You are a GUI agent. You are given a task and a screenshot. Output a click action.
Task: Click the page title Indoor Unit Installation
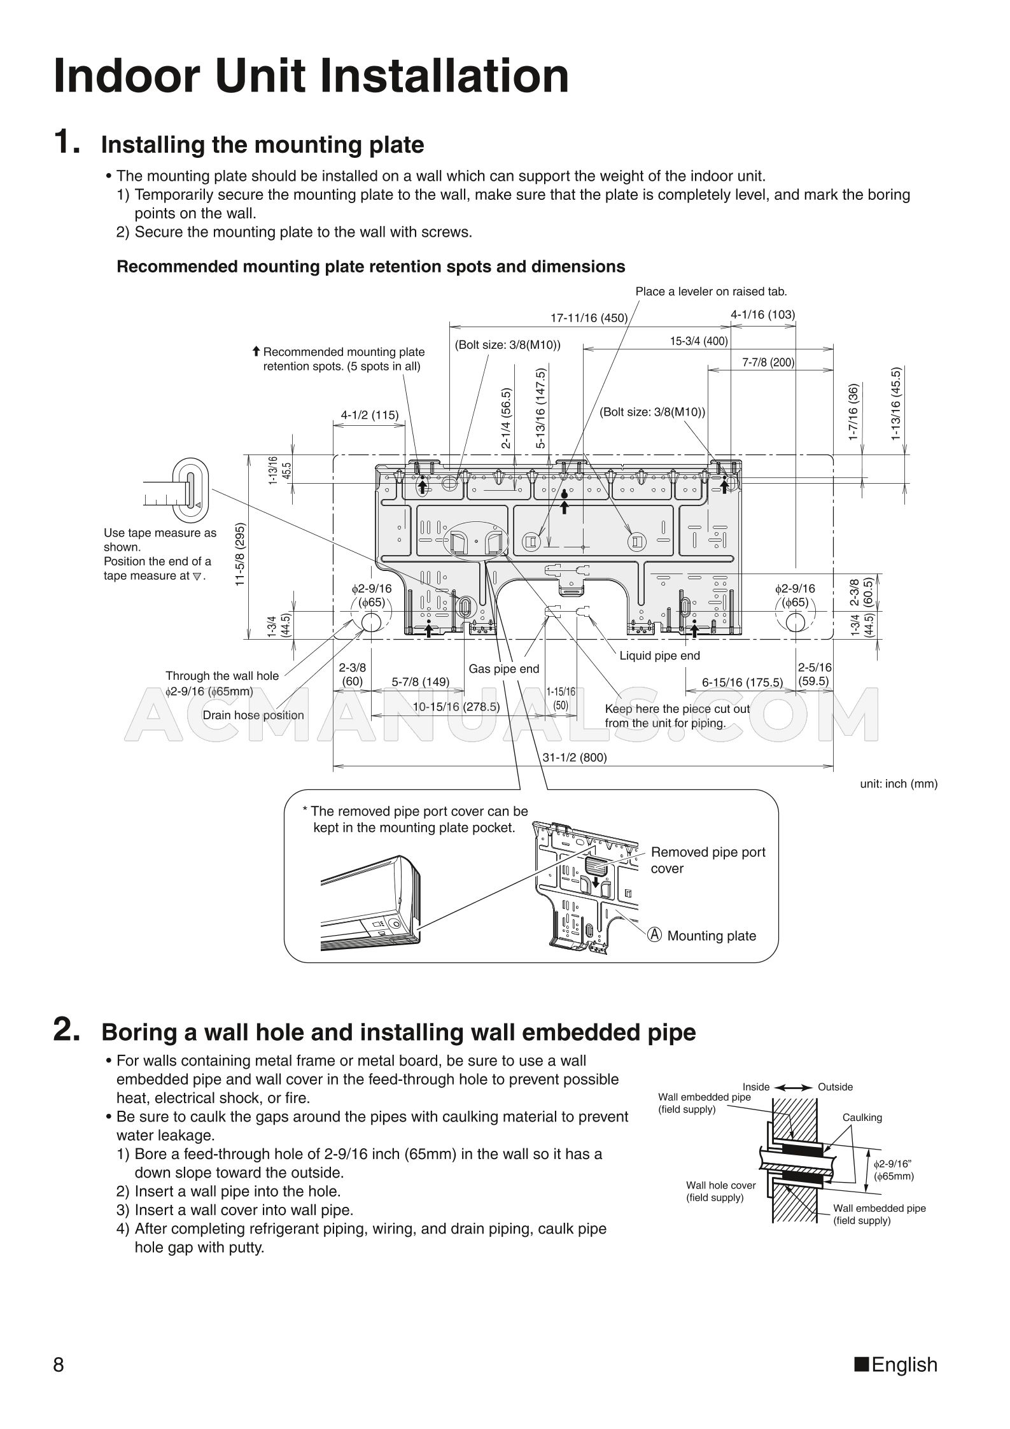coord(311,76)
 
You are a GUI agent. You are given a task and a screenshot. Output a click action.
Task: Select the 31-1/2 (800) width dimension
coord(574,757)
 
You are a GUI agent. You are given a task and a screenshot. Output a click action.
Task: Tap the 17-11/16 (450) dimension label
coord(589,318)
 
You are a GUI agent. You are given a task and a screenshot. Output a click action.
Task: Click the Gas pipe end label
coord(503,669)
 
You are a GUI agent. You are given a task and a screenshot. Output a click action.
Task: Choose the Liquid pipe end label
coord(659,656)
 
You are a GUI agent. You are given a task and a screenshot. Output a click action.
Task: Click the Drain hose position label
coord(253,715)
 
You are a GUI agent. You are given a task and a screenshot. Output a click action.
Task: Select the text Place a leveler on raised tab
coord(711,292)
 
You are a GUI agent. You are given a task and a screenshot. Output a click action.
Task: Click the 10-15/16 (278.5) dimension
coord(456,707)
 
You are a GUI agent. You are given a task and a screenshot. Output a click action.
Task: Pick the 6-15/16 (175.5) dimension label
coord(742,682)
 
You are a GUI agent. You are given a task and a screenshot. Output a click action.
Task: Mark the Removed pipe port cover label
coord(707,860)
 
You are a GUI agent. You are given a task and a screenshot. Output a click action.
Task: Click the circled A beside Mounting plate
coord(655,935)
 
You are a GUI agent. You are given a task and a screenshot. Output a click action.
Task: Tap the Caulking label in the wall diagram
coord(862,1117)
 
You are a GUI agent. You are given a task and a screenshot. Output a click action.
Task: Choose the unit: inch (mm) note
coord(898,784)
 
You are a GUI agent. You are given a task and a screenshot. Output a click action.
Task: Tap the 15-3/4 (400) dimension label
coord(698,341)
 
